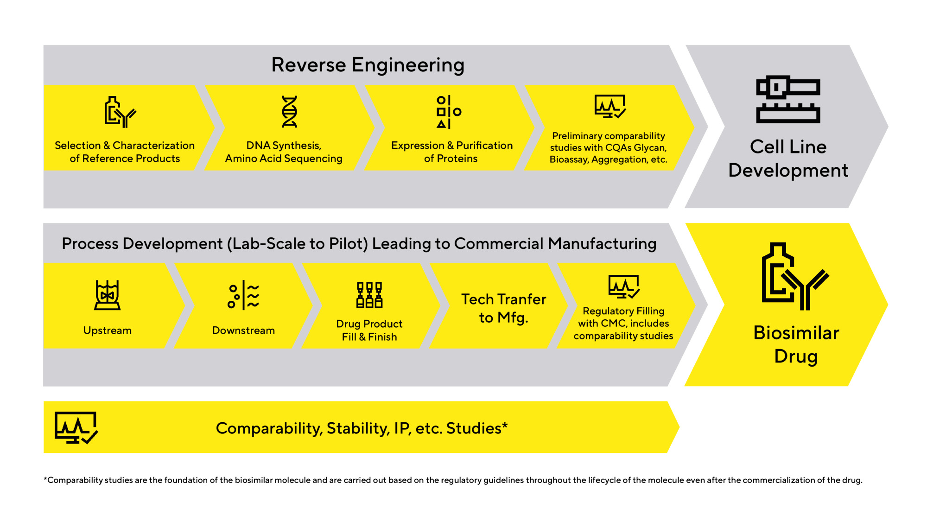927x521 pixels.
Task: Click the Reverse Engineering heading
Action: click(368, 65)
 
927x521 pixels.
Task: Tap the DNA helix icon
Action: click(290, 112)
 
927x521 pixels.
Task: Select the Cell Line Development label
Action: click(788, 159)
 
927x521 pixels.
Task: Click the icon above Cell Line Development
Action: click(788, 99)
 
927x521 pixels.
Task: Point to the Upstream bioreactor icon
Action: click(108, 295)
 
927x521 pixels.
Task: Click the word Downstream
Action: click(243, 330)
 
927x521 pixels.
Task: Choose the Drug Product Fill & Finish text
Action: click(369, 330)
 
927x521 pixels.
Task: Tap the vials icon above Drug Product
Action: click(369, 295)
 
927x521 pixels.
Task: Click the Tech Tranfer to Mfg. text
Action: click(503, 308)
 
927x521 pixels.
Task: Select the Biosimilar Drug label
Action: click(796, 344)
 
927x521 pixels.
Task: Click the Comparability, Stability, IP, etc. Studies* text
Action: click(362, 428)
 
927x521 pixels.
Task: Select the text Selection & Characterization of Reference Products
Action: click(125, 152)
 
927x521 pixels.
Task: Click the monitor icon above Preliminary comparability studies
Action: click(610, 107)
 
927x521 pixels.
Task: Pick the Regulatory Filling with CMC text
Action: click(623, 323)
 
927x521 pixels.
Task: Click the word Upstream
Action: click(108, 330)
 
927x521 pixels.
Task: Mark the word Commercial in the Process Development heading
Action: click(499, 244)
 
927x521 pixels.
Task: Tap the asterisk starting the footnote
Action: click(45, 479)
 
